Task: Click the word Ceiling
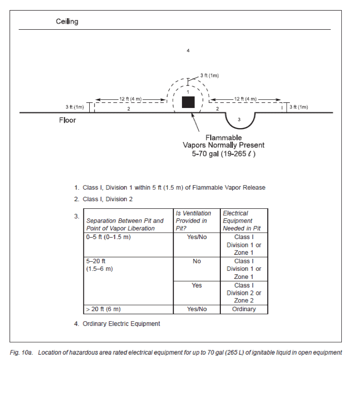67,22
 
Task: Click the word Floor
68,120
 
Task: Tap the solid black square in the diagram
188,102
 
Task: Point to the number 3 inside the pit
239,119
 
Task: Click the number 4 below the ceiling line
188,50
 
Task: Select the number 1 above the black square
188,92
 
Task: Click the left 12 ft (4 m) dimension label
131,99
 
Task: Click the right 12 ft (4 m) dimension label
245,99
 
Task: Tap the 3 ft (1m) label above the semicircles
210,75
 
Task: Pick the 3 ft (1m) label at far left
74,107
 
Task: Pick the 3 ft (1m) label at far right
299,107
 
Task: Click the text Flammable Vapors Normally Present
224,141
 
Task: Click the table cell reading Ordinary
244,309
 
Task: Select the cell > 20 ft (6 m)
128,309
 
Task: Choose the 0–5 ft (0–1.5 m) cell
128,245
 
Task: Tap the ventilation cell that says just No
197,269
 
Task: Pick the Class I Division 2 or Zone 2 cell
244,293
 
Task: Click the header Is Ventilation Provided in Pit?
197,220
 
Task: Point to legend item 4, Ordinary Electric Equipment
117,324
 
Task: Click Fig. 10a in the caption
21,352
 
